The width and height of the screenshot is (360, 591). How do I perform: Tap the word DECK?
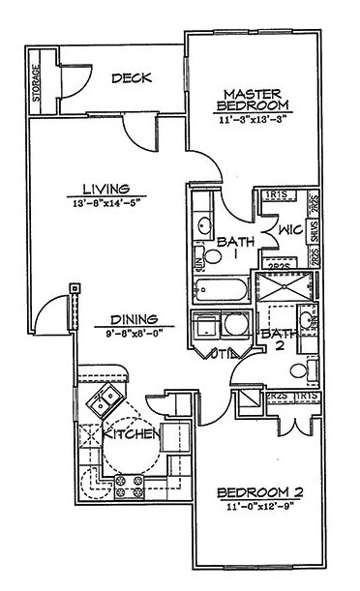(x=131, y=79)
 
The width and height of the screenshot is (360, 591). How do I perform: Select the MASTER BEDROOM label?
(x=250, y=98)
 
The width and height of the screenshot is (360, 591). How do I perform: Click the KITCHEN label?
(x=133, y=435)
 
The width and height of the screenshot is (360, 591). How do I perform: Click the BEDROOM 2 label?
(x=260, y=492)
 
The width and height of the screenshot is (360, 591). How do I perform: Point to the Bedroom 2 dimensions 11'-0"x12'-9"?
(x=259, y=507)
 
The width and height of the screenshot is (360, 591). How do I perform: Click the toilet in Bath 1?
(x=199, y=258)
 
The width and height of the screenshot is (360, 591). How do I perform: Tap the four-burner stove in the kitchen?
(x=129, y=482)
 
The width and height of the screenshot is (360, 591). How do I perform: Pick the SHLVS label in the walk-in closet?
(x=315, y=231)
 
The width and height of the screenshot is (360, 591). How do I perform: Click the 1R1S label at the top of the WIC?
(x=275, y=196)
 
